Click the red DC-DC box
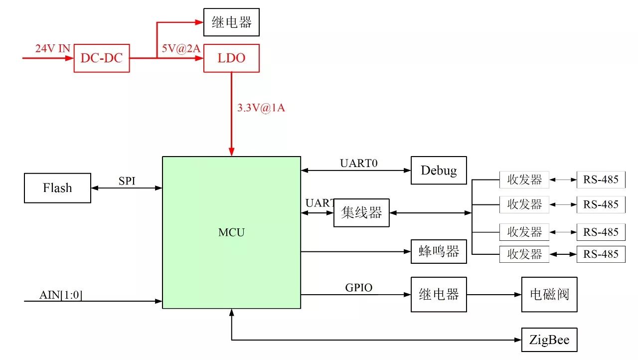[x=102, y=58]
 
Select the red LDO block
[x=231, y=58]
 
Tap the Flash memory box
[x=57, y=188]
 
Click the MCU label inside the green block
[x=231, y=232]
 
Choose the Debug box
[x=439, y=171]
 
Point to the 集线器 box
[x=361, y=213]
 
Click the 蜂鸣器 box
[x=439, y=251]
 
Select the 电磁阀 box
[x=549, y=294]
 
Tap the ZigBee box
[x=549, y=342]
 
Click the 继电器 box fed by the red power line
[x=231, y=22]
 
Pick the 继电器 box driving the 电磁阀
[x=439, y=294]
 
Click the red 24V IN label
[x=52, y=49]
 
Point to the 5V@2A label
[x=180, y=50]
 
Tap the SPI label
[x=127, y=181]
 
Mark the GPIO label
[x=359, y=288]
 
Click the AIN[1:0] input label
[x=61, y=295]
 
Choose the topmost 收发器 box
[x=524, y=180]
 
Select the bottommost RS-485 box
[x=601, y=254]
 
